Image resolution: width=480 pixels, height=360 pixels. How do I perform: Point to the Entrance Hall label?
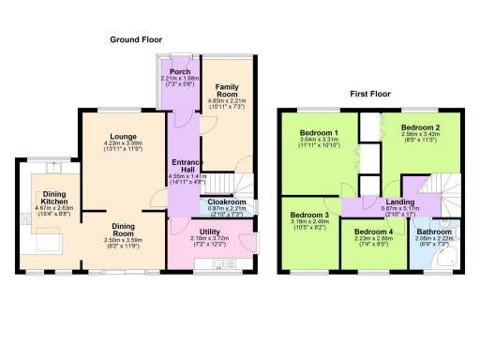tap(182, 165)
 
